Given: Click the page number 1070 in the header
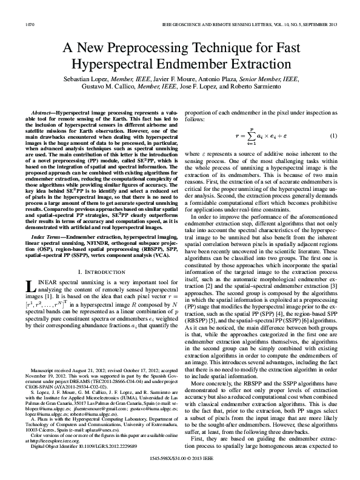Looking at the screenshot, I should pos(30,24).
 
